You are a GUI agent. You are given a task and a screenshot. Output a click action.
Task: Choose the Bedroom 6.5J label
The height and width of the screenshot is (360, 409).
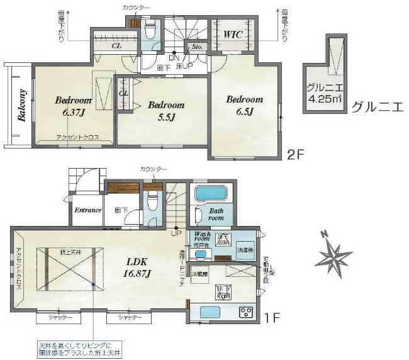(244, 104)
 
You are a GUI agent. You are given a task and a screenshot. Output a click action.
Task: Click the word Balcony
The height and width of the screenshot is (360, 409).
(21, 106)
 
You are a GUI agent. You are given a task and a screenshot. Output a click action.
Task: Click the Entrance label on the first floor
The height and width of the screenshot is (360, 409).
(88, 210)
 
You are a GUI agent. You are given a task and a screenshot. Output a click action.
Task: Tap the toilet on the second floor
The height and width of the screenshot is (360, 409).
(150, 30)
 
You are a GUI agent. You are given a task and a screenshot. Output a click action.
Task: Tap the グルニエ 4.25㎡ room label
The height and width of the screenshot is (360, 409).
(324, 94)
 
